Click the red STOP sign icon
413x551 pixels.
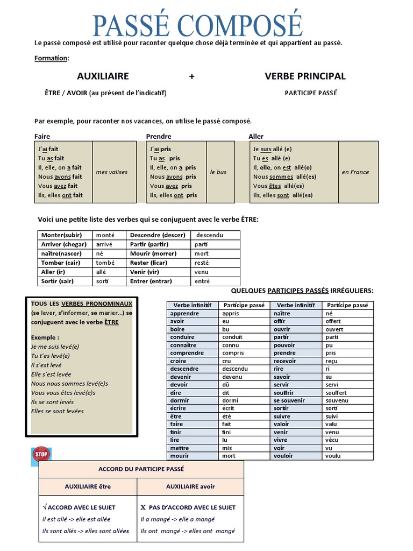pos(41,455)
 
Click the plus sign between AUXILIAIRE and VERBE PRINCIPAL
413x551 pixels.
pos(191,76)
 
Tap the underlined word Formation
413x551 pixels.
pos(52,58)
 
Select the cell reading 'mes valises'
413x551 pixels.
pos(111,172)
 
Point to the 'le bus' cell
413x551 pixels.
pos(218,172)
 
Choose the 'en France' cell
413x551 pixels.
pos(355,172)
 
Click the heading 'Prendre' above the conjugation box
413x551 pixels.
pos(159,136)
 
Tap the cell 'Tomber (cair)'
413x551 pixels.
pos(61,263)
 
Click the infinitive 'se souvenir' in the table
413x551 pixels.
pos(289,400)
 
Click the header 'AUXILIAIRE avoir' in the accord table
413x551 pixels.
pos(190,486)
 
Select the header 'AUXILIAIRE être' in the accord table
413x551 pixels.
pos(88,486)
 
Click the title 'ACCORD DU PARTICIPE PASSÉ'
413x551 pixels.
pos(141,469)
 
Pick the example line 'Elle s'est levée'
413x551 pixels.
pos(52,374)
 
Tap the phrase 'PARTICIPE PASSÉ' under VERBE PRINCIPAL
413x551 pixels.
pos(311,93)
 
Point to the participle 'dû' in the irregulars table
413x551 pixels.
pos(225,385)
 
